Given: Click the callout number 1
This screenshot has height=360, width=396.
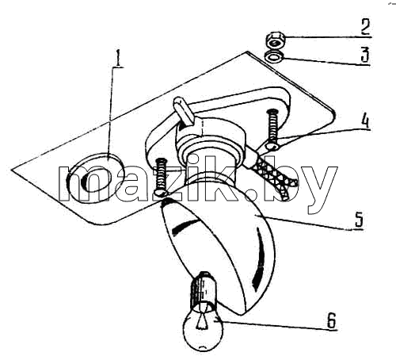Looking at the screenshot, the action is [x=118, y=59].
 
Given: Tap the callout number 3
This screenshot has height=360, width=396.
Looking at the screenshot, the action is [x=364, y=55].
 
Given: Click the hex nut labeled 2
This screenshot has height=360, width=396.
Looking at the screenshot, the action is [x=276, y=39].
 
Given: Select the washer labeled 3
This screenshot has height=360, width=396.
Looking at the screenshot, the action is [x=274, y=56].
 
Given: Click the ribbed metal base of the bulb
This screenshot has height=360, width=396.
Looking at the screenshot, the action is [x=203, y=291].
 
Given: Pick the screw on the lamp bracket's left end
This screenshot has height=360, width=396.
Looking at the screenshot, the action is [x=161, y=177].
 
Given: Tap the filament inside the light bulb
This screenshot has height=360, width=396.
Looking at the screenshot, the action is [x=202, y=320].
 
